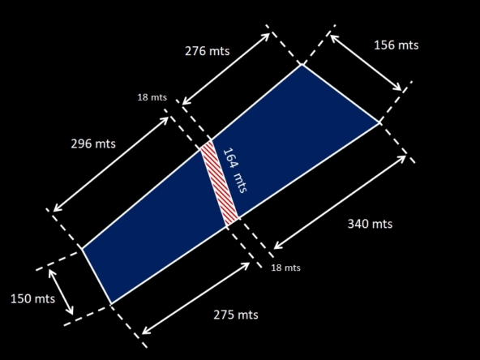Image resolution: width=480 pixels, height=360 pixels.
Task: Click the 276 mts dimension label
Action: pyautogui.click(x=208, y=51)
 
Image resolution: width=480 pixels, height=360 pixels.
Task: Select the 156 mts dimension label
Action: pyautogui.click(x=396, y=45)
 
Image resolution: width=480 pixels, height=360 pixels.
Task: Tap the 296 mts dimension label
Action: pyautogui.click(x=93, y=144)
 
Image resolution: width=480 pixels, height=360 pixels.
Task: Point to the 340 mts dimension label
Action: pyautogui.click(x=370, y=224)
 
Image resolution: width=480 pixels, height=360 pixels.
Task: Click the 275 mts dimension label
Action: pyautogui.click(x=236, y=315)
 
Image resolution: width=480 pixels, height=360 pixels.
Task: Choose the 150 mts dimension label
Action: pyautogui.click(x=32, y=298)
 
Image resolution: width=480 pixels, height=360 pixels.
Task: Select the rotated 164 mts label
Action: pyautogui.click(x=235, y=170)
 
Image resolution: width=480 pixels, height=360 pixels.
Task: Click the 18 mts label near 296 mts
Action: pyautogui.click(x=152, y=97)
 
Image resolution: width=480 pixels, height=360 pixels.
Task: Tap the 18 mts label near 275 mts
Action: pyautogui.click(x=286, y=268)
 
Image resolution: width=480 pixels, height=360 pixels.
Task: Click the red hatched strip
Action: pyautogui.click(x=219, y=183)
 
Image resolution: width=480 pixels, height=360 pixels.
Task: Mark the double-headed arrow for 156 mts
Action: pyautogui.click(x=366, y=62)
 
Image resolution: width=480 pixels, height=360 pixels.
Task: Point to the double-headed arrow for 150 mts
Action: pyautogui.click(x=61, y=292)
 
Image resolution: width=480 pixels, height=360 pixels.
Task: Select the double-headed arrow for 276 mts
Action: pyautogui.click(x=226, y=69)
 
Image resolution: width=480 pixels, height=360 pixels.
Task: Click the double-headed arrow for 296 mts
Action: pyautogui.click(x=111, y=164)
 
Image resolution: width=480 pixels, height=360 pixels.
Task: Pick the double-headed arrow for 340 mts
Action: pyautogui.click(x=340, y=202)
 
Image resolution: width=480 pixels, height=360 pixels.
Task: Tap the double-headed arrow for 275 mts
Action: pyautogui.click(x=196, y=298)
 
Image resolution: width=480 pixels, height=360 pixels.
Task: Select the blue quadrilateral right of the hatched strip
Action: pyautogui.click(x=294, y=138)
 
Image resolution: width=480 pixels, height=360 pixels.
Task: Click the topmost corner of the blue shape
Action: pyautogui.click(x=302, y=64)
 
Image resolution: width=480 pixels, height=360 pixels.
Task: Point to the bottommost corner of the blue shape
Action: pyautogui.click(x=111, y=304)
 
